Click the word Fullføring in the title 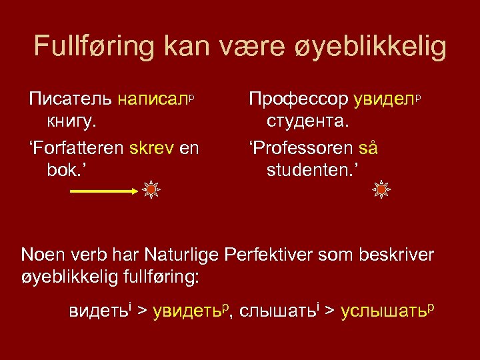(86, 47)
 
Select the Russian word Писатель (71, 100)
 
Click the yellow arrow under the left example (103, 191)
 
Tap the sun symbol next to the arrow (152, 191)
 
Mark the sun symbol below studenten (381, 191)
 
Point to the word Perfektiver (290, 255)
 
